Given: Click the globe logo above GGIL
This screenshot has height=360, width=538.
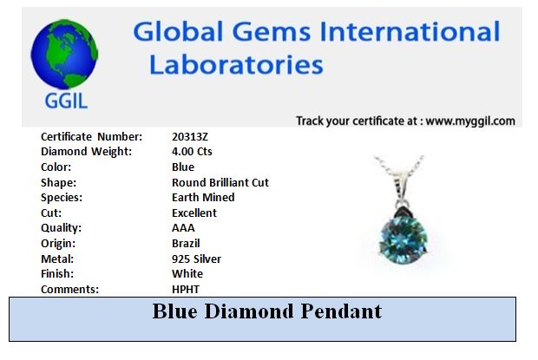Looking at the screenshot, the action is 64,54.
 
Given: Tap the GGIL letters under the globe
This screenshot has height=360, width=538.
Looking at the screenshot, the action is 66,101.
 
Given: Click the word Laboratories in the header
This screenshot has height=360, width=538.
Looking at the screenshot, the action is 236,65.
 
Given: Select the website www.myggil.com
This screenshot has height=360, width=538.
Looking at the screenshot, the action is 470,121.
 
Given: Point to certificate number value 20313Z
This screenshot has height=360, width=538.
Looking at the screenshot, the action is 190,137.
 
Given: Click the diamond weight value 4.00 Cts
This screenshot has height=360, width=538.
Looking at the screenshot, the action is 192,152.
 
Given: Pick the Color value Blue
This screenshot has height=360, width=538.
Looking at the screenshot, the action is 183,167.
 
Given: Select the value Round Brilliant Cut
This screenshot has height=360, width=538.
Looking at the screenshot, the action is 220,182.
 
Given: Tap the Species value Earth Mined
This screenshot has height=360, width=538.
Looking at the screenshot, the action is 203,198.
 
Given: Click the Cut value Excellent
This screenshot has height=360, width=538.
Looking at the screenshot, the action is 194,213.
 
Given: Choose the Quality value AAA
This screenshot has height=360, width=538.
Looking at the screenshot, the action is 183,228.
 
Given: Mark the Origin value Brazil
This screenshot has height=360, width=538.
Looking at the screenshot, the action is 186,244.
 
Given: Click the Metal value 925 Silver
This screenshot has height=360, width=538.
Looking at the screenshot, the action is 196,259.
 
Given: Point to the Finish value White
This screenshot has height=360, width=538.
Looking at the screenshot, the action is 187,274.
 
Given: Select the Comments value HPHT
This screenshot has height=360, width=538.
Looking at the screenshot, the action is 186,290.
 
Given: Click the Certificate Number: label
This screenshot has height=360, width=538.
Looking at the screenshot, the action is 92,137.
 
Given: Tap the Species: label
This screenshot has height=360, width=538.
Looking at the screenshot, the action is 62,198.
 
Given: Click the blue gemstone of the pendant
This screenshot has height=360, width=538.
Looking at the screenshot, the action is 403,238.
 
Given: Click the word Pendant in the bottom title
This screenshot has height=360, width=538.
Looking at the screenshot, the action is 341,311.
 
